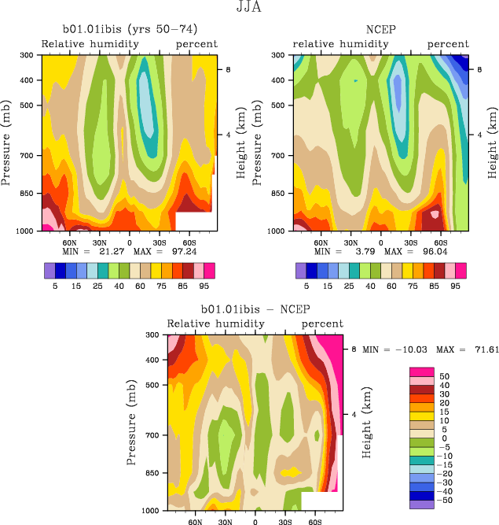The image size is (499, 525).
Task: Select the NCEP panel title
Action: tap(380, 30)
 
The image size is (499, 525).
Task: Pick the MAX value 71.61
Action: tap(468, 348)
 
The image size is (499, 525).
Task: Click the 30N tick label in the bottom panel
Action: tap(225, 521)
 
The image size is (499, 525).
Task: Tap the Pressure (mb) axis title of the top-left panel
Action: tap(8, 142)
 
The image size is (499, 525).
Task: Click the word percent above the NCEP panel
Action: tap(448, 44)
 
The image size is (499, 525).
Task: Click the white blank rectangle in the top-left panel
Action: tap(193, 221)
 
